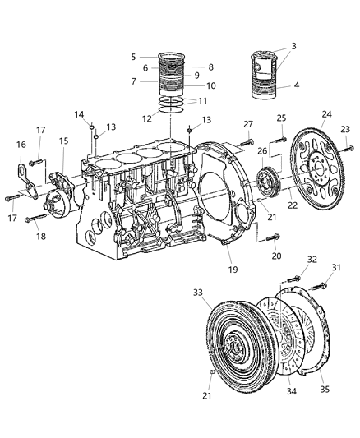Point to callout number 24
(303, 114)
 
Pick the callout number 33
(199, 292)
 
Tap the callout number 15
(62, 141)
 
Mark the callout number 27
(247, 124)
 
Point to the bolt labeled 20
(272, 238)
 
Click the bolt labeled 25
(279, 137)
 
